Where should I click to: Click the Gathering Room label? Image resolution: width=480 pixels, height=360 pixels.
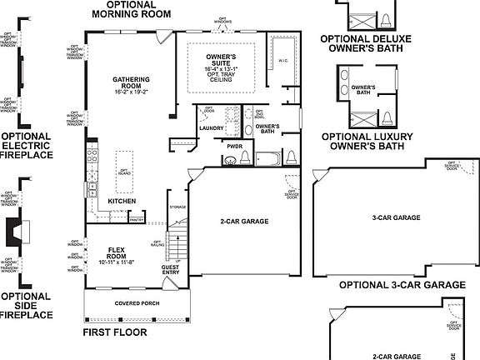131,82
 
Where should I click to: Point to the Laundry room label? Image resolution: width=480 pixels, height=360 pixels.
211,128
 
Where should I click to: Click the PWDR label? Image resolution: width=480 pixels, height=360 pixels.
234,145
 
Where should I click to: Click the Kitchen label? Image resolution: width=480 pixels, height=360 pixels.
122,201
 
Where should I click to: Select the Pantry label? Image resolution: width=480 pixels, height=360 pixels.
137,220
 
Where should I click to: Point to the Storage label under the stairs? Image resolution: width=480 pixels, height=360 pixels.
177,207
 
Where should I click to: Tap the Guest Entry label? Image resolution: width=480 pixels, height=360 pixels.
170,268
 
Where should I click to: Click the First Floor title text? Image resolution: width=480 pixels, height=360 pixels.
115,332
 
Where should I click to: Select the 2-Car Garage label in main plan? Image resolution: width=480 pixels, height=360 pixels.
244,222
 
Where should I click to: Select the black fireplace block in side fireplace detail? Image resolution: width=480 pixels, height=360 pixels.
14,230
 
